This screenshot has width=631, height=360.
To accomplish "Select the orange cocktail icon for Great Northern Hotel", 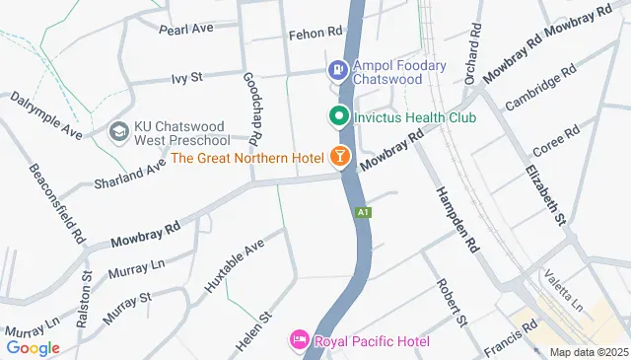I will pyautogui.click(x=339, y=157).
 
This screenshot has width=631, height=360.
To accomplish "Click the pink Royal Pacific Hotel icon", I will pyautogui.click(x=299, y=341).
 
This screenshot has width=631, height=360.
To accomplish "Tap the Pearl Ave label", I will pyautogui.click(x=187, y=28).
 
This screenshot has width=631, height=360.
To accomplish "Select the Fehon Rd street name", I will pyautogui.click(x=314, y=34).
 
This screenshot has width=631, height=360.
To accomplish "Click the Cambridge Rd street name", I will pyautogui.click(x=539, y=90).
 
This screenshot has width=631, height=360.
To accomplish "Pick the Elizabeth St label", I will pyautogui.click(x=548, y=193).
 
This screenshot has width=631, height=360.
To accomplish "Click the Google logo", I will pyautogui.click(x=33, y=347).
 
